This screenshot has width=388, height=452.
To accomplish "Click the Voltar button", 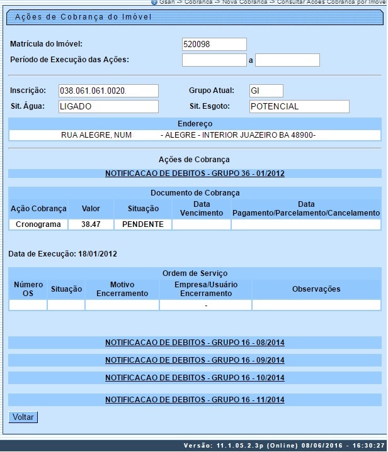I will [x=23, y=417].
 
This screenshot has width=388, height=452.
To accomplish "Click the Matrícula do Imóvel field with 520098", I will [x=214, y=44].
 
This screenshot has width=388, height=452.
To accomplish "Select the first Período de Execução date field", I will [x=214, y=60].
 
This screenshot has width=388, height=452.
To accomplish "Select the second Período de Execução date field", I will [x=287, y=60].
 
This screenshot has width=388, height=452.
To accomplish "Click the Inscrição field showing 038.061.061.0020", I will [x=108, y=91].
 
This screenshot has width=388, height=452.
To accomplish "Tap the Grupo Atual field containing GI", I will [x=266, y=91].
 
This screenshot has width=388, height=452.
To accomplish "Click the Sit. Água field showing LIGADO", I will [x=108, y=106].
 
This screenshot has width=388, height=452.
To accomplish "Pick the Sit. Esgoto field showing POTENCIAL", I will [x=299, y=106].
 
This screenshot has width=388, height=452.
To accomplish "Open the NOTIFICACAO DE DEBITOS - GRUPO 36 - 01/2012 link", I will [x=195, y=173].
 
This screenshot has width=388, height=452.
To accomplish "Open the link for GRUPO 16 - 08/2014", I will [x=195, y=343].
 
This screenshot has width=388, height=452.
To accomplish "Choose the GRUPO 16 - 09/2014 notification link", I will [x=195, y=360].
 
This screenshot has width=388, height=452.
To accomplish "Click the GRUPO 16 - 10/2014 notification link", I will [x=195, y=378].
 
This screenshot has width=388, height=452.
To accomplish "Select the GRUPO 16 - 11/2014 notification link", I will [x=195, y=399].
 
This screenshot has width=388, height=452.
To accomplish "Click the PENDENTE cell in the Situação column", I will [x=143, y=224].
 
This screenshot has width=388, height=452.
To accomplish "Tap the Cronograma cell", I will [x=38, y=224].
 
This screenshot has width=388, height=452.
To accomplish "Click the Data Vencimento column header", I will [x=202, y=209].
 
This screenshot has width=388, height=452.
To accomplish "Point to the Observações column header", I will [x=316, y=289].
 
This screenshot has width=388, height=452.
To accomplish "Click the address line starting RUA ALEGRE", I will [x=195, y=135].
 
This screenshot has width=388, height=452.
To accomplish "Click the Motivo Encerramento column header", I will [x=122, y=289].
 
